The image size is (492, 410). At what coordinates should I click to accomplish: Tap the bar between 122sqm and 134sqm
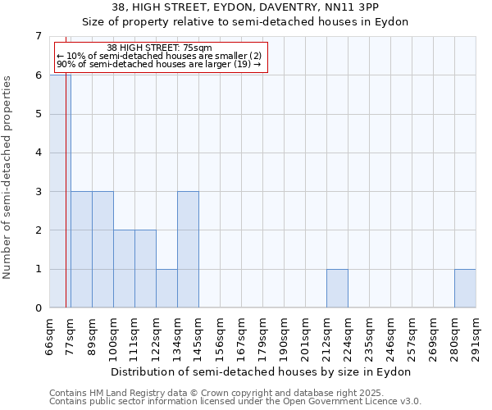pyautogui.click(x=166, y=288)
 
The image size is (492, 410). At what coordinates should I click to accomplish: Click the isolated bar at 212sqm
pyautogui.click(x=337, y=288)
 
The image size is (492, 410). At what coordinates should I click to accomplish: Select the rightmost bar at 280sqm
pyautogui.click(x=465, y=288)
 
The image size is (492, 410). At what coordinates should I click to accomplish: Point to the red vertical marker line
pyautogui.click(x=66, y=205)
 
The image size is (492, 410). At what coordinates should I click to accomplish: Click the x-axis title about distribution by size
pyautogui.click(x=262, y=371)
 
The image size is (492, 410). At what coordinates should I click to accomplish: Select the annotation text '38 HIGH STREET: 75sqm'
pyautogui.click(x=160, y=48)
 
